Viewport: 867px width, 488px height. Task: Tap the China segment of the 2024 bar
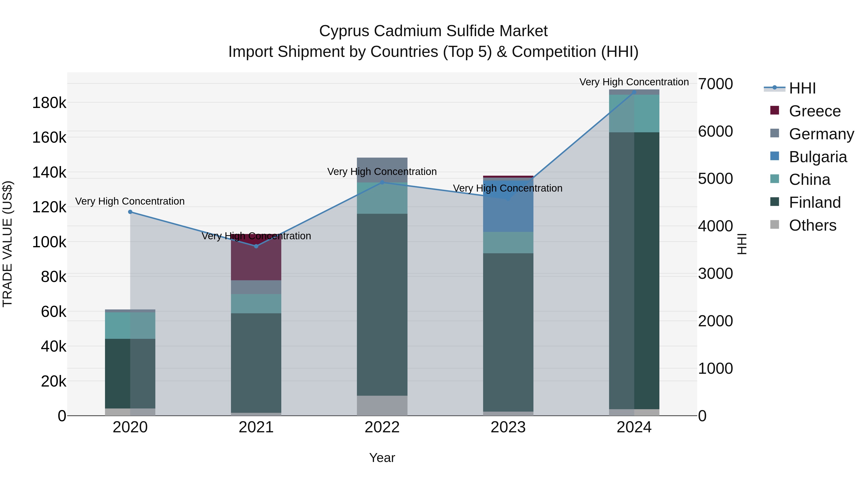coord(634,114)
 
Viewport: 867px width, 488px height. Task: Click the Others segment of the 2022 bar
coord(382,406)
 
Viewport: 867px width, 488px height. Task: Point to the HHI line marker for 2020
coord(130,212)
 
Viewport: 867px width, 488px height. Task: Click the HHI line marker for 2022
coord(382,182)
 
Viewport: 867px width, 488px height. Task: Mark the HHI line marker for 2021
coord(256,246)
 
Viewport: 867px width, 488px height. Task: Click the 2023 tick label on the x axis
coord(508,427)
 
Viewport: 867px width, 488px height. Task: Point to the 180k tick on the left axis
coord(49,103)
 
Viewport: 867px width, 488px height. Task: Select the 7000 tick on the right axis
coord(715,84)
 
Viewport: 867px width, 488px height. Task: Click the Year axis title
coord(382,458)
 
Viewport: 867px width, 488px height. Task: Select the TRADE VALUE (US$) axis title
coord(7,244)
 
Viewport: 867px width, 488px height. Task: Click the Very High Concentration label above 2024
coord(634,82)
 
